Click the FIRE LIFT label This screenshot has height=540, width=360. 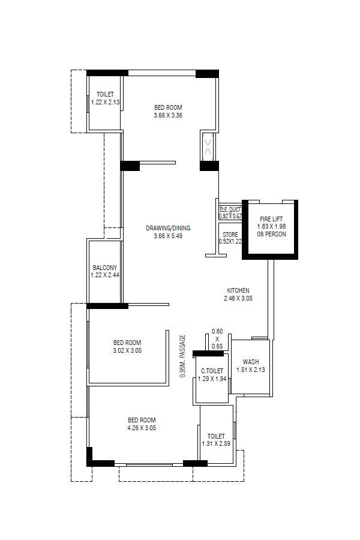[272, 219]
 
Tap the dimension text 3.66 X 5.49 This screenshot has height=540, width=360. [168, 236]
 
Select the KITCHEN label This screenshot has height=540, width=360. [238, 290]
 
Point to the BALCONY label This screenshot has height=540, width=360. [105, 268]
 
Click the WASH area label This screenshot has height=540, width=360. [251, 362]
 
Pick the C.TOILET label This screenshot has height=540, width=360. [212, 371]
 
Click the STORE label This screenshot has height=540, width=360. [230, 235]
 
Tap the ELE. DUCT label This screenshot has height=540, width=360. [230, 209]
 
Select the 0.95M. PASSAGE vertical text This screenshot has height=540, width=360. [183, 356]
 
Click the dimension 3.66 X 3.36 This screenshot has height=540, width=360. [168, 115]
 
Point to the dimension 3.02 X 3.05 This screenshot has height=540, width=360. [127, 350]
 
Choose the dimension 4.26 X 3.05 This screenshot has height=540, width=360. [142, 428]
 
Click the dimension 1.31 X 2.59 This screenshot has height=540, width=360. [216, 444]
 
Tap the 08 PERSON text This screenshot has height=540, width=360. [272, 234]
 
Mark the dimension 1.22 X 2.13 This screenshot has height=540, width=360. [105, 102]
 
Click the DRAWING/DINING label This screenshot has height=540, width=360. [168, 228]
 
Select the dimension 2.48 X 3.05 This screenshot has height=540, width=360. [238, 298]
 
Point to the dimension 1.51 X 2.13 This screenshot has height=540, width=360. [251, 370]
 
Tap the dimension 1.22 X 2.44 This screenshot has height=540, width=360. [105, 275]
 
